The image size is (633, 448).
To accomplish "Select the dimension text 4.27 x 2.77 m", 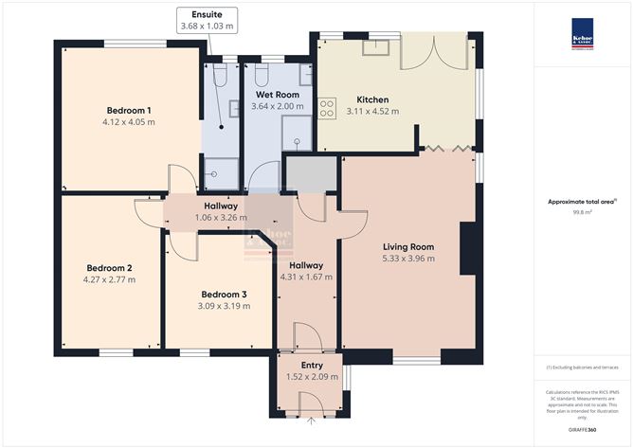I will pos(110,279).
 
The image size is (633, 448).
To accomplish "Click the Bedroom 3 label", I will pos(224,294).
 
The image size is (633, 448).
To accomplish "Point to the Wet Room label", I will pos(275,96).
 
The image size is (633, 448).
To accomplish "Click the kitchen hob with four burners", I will pos(327,110).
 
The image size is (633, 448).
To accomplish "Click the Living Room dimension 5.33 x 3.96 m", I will pos(407,258).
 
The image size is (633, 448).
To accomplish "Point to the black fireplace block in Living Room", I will pos(467,249).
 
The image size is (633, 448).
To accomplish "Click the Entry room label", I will pos(312,365).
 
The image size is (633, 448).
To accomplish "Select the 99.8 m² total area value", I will pos(583,212).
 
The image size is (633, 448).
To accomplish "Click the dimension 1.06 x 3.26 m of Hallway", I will pos(221,217).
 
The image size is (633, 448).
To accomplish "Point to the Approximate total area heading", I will pos(582,202).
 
